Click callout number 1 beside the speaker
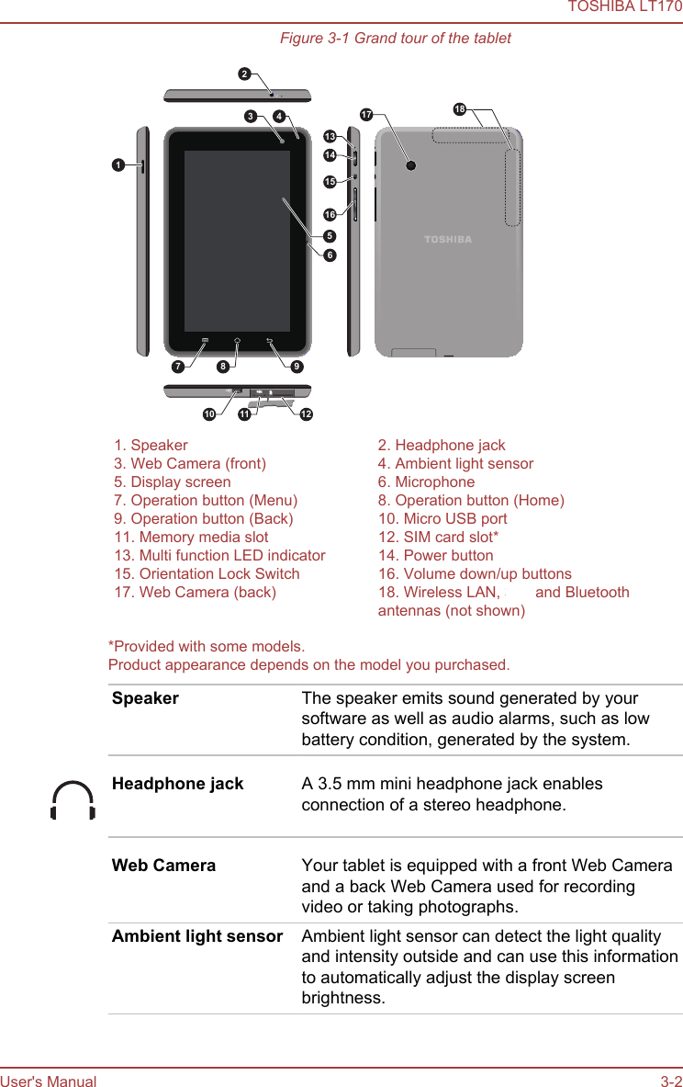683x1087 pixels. coord(118,164)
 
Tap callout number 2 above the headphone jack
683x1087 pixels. coord(244,73)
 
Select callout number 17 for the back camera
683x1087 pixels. coord(366,115)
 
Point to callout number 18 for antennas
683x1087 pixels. coord(460,110)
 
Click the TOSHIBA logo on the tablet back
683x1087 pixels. coord(448,240)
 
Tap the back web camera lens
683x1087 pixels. coord(410,166)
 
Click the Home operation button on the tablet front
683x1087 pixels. coord(237,341)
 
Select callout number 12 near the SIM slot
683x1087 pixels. coord(306,414)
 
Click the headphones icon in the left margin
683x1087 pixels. coord(73,800)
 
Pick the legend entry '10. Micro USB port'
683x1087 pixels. coord(442,518)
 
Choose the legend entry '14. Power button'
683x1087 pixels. coord(435,555)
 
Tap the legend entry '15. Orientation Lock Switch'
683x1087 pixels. coord(207,573)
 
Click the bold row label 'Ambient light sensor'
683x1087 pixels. coord(197,936)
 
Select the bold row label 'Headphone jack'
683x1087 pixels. coord(177,784)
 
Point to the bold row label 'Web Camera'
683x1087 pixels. coord(163,866)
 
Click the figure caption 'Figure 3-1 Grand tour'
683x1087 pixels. coord(395,38)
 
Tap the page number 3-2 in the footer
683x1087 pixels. coord(671,1081)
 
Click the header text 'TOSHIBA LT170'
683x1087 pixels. coord(624,7)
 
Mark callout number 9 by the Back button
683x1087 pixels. coord(296,368)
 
